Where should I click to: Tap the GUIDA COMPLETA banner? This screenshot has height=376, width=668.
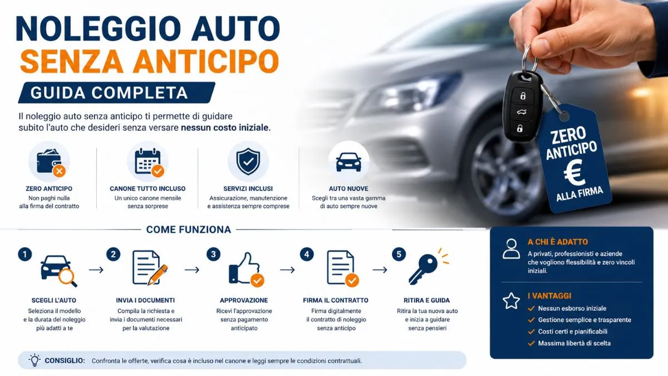click(116, 92)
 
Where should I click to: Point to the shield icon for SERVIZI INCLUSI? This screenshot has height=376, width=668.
click(248, 162)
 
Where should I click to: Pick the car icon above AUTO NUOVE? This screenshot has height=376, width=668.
click(348, 162)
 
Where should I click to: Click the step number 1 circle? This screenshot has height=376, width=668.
click(24, 255)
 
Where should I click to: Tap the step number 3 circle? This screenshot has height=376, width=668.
click(213, 255)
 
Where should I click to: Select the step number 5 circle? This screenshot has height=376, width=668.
click(399, 255)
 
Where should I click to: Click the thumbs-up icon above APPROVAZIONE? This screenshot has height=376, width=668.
click(246, 269)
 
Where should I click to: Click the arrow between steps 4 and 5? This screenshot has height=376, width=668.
click(380, 270)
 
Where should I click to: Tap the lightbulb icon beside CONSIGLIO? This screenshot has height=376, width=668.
click(35, 360)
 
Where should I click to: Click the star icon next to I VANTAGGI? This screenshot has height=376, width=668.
click(511, 301)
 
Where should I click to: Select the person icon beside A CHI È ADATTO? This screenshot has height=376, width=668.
click(511, 248)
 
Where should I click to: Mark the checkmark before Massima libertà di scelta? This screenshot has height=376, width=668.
click(531, 344)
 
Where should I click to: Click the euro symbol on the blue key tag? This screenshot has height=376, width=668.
click(574, 172)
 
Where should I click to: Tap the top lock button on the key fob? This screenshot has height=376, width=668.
click(523, 96)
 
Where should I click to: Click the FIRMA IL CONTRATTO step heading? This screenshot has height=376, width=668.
click(336, 300)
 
